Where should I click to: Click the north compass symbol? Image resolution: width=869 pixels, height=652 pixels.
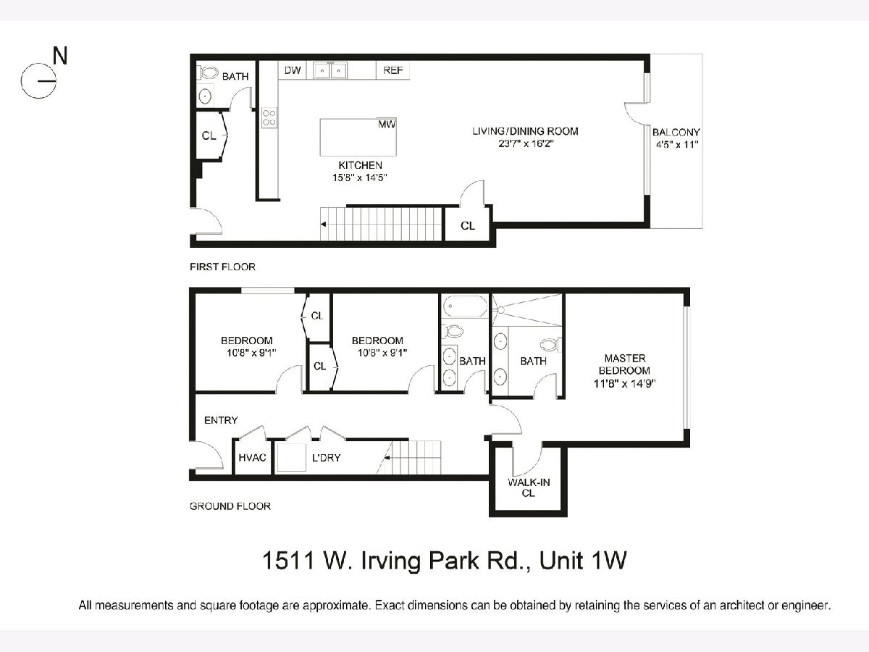point(38,80)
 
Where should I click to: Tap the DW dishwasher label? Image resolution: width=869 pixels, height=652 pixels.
point(293,70)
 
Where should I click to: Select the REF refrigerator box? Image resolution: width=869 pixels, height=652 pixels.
point(392,70)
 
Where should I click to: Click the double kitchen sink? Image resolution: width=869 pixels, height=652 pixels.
point(330,70)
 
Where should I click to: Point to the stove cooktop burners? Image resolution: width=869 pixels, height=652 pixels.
point(269,117)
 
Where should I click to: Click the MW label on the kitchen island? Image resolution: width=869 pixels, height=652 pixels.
point(387,125)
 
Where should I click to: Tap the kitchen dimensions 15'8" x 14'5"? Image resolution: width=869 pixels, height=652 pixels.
point(359,177)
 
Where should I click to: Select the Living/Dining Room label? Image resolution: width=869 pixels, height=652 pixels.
point(525,131)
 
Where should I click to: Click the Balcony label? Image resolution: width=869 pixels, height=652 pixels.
point(676,133)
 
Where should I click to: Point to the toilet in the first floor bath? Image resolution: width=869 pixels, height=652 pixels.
point(209,73)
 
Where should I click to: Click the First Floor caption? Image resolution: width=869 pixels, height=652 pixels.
point(222,267)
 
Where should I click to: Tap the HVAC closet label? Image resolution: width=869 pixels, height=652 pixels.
point(252,458)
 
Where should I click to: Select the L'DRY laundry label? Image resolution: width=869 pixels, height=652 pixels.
point(326,458)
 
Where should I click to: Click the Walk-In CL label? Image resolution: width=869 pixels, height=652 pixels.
point(529,488)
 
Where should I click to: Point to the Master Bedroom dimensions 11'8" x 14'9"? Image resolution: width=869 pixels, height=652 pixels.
point(625,383)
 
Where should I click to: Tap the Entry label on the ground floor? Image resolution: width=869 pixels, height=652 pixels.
point(221,420)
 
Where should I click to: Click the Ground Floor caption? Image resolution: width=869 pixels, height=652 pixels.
point(230,506)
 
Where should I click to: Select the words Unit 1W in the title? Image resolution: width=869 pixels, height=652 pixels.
point(583,560)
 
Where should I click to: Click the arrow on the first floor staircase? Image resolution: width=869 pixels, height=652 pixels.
point(323,225)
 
